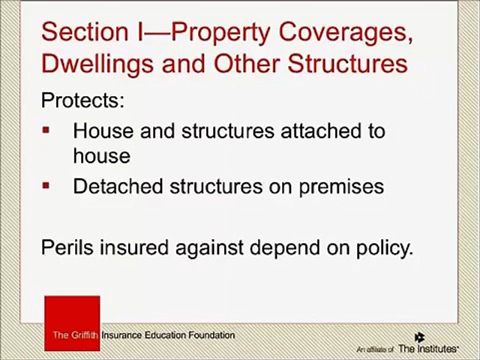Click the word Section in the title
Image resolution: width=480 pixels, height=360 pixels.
[x=85, y=31]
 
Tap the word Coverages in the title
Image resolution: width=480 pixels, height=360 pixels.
[x=345, y=33]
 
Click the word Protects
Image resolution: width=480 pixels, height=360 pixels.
[x=82, y=100]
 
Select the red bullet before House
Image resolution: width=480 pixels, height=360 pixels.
[x=46, y=130]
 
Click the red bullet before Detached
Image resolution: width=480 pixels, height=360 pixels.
[x=46, y=185]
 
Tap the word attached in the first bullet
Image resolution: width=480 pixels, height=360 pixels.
[x=320, y=131]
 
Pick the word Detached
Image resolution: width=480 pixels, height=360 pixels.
[x=118, y=186]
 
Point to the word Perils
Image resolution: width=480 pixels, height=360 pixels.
[x=67, y=247]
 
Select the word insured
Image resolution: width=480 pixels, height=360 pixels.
[x=134, y=247]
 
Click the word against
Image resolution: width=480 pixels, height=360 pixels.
[x=209, y=248]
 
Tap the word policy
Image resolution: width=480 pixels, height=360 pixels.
[x=384, y=248]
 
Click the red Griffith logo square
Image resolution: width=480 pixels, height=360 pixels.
[x=72, y=323]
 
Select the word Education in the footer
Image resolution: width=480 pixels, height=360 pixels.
[x=165, y=335]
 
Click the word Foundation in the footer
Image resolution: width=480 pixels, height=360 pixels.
[x=211, y=335]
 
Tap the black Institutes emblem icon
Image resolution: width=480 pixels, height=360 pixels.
[x=419, y=337]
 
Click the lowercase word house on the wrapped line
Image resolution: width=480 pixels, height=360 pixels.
[x=101, y=156]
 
